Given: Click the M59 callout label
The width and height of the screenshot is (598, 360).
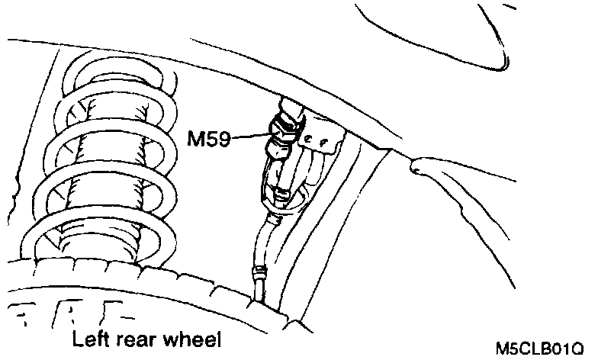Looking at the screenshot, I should tap(210, 140).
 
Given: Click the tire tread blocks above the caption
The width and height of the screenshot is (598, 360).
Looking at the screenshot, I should tap(76, 313).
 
